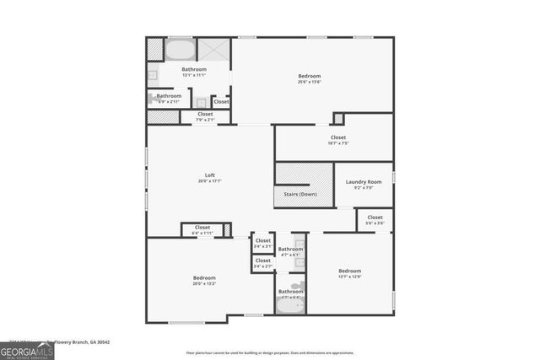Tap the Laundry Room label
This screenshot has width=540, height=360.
364,182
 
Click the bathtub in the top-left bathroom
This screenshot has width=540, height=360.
178,49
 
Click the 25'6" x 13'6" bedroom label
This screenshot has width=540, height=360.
309,77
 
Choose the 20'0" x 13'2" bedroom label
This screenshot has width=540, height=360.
204,278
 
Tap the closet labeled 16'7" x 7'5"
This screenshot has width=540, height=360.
337,137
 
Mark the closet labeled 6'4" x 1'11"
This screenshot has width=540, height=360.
202,227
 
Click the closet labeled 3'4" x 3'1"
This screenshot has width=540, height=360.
263,241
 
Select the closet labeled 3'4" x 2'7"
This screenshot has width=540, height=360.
263,261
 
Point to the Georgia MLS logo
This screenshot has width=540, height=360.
27,348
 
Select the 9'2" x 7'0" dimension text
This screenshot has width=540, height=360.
364,188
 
